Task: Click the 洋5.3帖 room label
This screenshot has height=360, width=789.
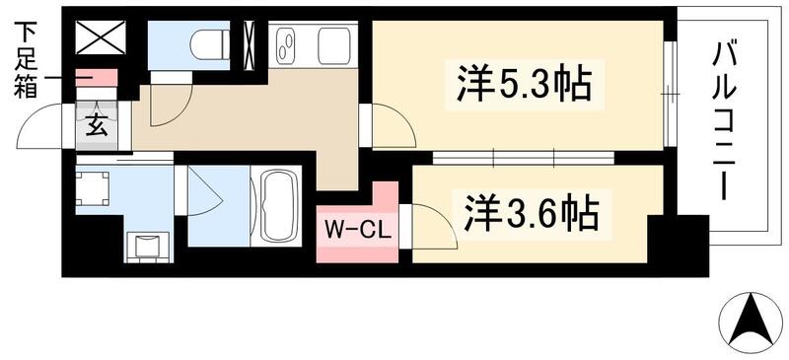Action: click(x=523, y=84)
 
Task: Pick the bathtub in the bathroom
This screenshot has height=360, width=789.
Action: click(x=283, y=208)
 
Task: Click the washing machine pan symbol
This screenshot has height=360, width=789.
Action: click(x=96, y=189)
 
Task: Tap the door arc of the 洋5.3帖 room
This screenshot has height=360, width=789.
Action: click(x=387, y=125)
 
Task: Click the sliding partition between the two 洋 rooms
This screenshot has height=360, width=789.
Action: click(x=523, y=157)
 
